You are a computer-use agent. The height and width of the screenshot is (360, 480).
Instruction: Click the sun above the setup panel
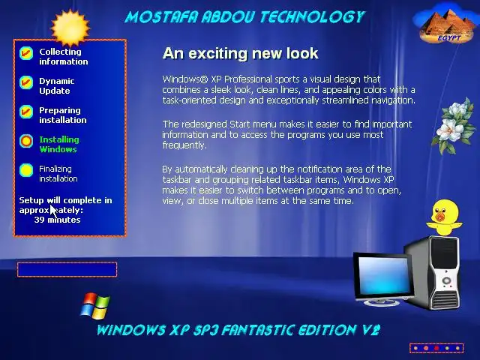70,28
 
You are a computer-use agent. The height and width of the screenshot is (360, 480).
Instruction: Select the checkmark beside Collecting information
26,53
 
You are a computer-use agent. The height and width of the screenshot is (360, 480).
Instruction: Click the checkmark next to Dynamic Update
26,82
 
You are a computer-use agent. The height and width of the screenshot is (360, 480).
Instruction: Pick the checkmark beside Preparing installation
26,112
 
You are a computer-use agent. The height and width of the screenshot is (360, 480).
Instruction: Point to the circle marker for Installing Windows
26,141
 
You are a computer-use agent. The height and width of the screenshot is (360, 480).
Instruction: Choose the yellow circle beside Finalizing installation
26,170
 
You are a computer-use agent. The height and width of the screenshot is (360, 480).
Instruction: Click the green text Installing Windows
59,144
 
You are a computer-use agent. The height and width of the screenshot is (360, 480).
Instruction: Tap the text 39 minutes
57,220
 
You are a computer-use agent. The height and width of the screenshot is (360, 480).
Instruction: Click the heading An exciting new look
240,53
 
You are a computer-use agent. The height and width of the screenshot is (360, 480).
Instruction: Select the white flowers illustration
454,126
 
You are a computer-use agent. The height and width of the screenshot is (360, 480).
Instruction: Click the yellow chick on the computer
445,217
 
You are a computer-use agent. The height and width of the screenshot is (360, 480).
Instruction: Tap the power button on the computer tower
446,280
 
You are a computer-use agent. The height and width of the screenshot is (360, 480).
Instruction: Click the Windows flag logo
95,306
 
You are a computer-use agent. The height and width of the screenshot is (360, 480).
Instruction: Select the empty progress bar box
67,270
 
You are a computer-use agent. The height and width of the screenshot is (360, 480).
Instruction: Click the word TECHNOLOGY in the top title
313,17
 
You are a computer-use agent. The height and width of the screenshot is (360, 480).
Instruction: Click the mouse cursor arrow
53,211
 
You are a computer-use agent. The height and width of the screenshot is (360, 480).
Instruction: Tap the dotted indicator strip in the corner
436,348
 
